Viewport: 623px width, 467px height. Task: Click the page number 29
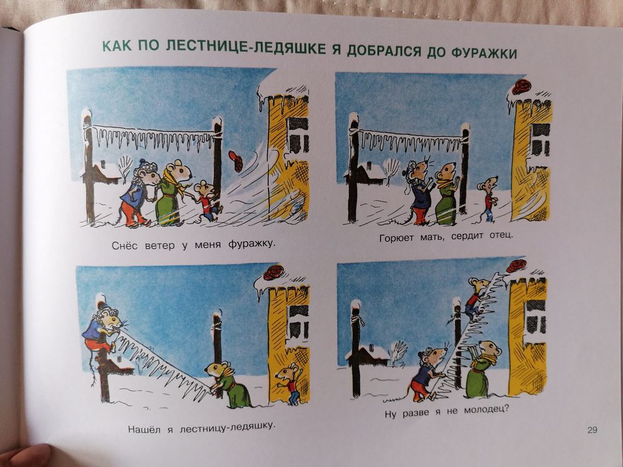tap(592, 429)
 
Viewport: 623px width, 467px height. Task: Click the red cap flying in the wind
tap(235, 160)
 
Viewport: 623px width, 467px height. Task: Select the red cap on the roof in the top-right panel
tap(521, 87)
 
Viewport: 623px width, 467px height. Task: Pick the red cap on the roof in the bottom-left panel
tap(273, 273)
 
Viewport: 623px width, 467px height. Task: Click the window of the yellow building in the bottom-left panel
tap(298, 321)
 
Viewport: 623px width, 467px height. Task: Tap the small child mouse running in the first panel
tap(206, 200)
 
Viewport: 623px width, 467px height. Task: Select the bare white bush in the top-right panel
tap(391, 168)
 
